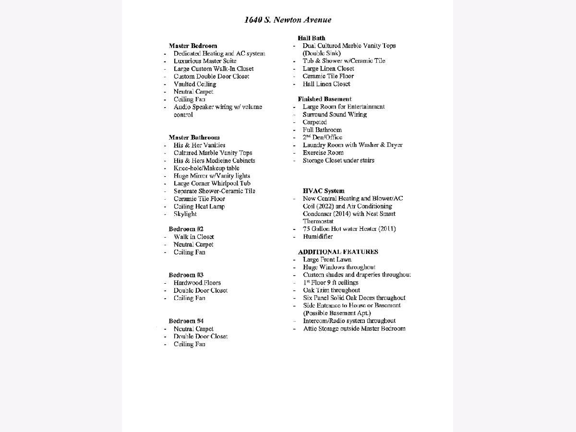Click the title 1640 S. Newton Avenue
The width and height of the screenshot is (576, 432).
tap(288, 20)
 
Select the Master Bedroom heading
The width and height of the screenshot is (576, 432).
tap(192, 46)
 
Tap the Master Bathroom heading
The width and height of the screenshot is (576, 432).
tap(194, 137)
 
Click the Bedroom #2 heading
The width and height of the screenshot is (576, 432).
tap(186, 229)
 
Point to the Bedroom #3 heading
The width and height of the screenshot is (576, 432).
tap(186, 275)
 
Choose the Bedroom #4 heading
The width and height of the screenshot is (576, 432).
tap(186, 321)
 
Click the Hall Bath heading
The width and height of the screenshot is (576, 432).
tap(311, 38)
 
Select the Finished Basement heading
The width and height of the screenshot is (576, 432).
tap(324, 99)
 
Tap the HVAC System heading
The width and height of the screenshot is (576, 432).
tap(324, 191)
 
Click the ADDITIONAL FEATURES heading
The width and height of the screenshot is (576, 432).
tap(338, 252)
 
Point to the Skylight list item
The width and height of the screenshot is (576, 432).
tap(185, 214)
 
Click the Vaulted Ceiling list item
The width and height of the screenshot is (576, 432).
tap(195, 84)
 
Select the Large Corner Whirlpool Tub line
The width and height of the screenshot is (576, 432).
tap(212, 183)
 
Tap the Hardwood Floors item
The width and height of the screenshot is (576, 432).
tap(197, 283)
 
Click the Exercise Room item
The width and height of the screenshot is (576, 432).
tap(323, 153)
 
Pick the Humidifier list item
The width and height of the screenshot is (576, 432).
tap(317, 237)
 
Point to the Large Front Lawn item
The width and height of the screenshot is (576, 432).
tap(327, 259)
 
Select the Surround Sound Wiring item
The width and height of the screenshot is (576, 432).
tap(335, 114)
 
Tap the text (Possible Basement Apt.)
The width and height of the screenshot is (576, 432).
tap(336, 313)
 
